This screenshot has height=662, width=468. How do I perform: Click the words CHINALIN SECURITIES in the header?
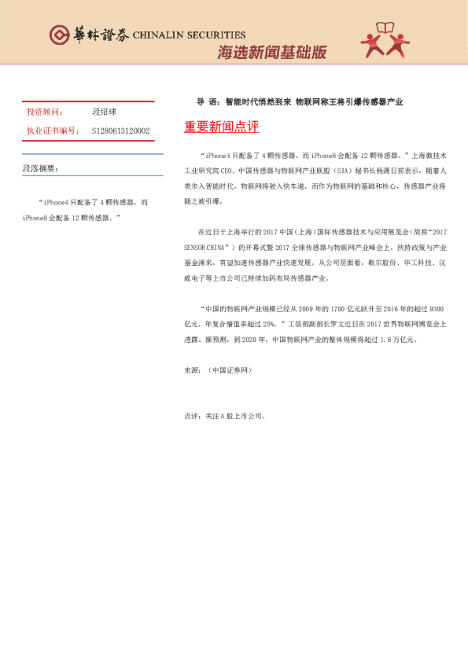point(189,35)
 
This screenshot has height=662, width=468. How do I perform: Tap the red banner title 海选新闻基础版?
point(271,53)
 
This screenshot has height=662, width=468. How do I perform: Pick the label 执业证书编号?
point(53,131)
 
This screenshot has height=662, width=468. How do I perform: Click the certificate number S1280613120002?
point(121,131)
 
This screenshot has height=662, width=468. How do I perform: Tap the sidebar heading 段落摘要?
point(40,169)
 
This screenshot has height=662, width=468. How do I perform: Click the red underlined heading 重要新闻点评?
point(221,127)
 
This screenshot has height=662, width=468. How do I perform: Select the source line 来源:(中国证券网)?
point(217,369)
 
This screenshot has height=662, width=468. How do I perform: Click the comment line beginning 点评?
point(224,416)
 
